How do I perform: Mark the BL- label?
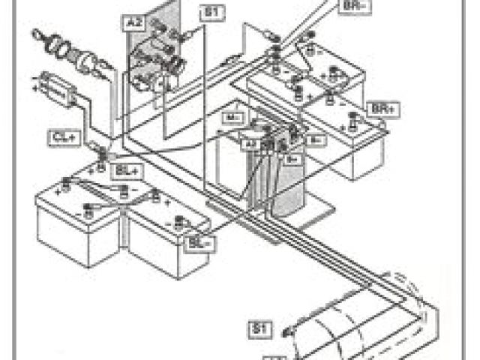[196, 244]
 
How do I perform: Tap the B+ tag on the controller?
[292, 159]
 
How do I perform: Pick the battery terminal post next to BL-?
[178, 223]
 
